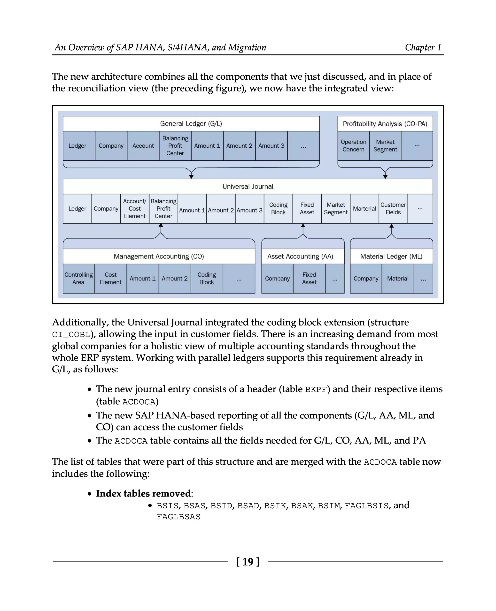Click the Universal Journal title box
tap(248, 186)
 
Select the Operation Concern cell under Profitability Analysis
tap(353, 146)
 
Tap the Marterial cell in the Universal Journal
tap(364, 209)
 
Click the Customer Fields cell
tap(393, 209)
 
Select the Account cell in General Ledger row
tap(143, 146)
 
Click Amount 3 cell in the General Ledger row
tap(271, 146)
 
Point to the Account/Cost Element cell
tap(135, 209)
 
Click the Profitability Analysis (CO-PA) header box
tap(385, 124)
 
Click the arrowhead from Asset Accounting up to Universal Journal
tap(303, 226)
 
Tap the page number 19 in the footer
tap(248, 562)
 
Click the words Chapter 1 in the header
tap(423, 47)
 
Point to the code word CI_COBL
tap(71, 335)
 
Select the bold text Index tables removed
tap(143, 494)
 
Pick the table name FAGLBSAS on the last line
tap(178, 517)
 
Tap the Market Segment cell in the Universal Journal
tap(335, 209)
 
